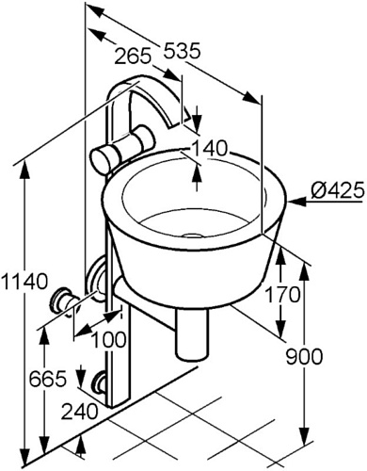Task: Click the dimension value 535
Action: click(183, 51)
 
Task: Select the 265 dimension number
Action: click(133, 57)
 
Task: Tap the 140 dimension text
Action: click(209, 148)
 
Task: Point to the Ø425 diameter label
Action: click(339, 190)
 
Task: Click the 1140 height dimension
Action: click(24, 281)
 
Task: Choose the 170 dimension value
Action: click(282, 295)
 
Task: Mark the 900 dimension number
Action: click(304, 356)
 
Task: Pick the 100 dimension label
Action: click(108, 339)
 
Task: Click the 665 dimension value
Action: click(48, 379)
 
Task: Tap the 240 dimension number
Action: click(79, 412)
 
